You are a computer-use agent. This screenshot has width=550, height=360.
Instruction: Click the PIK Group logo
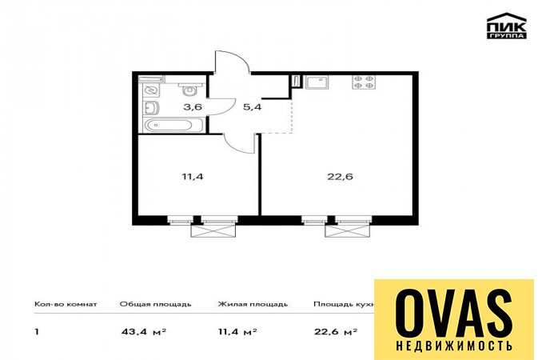tap(507, 26)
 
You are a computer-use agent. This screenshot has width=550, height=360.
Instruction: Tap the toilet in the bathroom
tap(189, 89)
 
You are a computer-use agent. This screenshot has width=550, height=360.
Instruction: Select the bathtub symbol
tap(174, 125)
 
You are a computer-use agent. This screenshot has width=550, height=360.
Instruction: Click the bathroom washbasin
tap(151, 108)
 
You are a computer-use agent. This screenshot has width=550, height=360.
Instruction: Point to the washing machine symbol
tap(152, 90)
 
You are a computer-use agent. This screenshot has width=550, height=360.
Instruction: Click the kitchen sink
tap(316, 83)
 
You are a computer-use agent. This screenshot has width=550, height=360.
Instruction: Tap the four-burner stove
tap(364, 82)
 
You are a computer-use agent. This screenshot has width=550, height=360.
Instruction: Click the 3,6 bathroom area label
tap(193, 106)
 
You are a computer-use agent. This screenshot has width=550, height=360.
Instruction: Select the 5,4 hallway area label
tap(252, 106)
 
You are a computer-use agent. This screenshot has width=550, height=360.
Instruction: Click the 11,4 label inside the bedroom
tap(193, 176)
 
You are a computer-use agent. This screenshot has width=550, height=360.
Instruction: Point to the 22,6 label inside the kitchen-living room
tap(340, 176)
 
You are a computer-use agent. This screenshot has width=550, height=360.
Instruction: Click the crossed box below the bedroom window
tap(213, 230)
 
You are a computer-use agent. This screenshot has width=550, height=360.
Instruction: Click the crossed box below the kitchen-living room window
tap(348, 230)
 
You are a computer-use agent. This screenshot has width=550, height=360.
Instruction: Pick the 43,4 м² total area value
tap(143, 331)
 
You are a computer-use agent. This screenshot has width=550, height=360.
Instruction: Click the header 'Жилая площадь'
tap(253, 304)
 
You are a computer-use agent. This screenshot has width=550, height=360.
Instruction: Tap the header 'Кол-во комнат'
tap(66, 304)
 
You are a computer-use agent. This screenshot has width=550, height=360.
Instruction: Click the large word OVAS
tap(454, 314)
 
